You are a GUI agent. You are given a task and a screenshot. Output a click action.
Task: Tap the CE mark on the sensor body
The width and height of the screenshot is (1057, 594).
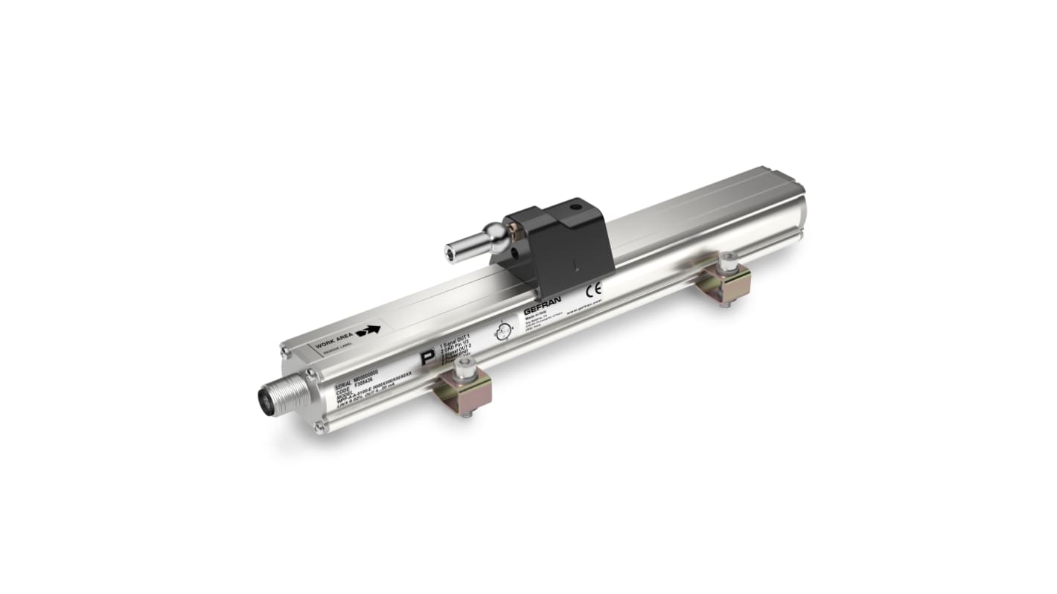[x=594, y=289]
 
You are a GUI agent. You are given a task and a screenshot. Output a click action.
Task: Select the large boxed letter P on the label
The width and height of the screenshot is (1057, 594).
[x=427, y=358]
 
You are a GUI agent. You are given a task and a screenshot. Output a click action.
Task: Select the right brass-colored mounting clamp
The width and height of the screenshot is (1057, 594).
[x=723, y=282]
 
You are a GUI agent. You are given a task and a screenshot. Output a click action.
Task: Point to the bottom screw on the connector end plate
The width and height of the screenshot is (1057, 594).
[x=319, y=426]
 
